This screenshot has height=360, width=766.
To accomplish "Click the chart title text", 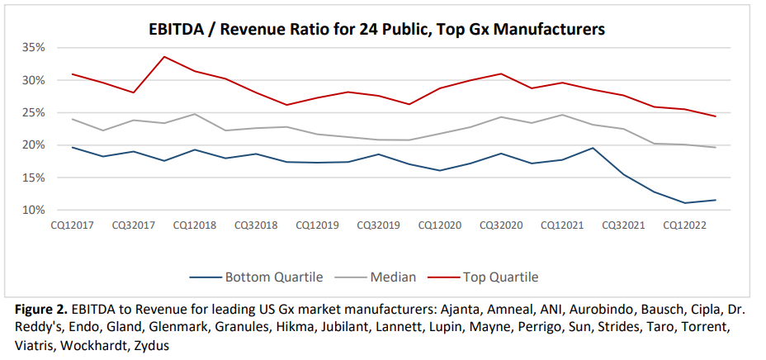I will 376,30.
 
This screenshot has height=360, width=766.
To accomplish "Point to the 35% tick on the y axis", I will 33,47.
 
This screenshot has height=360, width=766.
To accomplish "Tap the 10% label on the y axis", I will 33,210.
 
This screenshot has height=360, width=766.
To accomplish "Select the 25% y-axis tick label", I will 33,112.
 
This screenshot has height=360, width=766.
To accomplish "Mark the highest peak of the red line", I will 164,57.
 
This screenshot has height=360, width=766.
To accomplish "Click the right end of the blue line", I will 715,200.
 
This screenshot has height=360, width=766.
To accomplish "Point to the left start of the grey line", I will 73,119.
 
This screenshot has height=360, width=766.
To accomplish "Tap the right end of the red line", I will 715,116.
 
